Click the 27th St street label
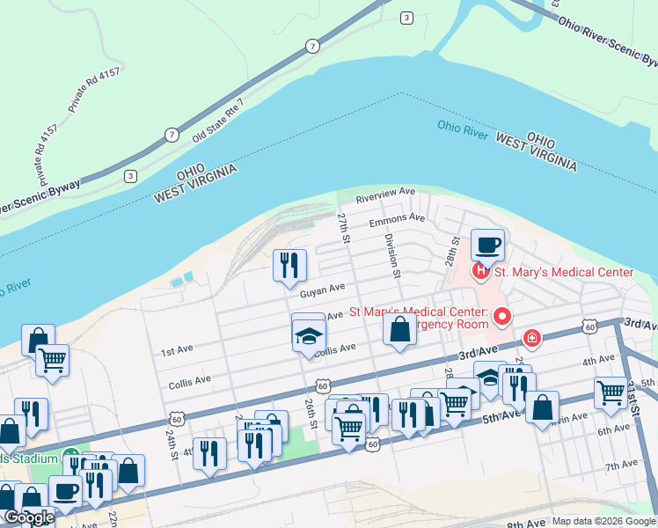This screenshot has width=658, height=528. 345,227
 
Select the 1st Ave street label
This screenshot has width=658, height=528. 177,351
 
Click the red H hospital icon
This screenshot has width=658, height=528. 481,271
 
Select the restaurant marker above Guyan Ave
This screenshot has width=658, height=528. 289,265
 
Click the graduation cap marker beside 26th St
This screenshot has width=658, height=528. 309,335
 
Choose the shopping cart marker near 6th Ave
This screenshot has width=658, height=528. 610,392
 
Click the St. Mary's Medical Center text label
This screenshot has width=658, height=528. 563,272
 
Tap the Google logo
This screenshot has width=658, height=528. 28,517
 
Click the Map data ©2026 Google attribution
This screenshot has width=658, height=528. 603,521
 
